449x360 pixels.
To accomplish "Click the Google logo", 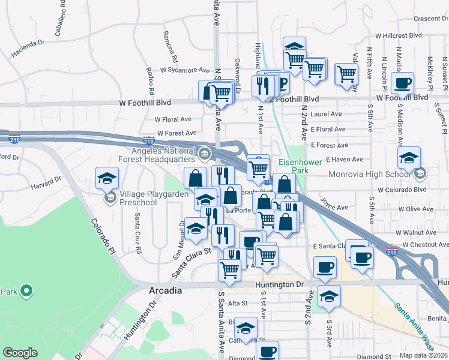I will (x=20, y=353).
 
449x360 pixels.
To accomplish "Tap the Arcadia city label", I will (x=165, y=290).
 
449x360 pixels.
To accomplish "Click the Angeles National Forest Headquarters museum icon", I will (x=205, y=155).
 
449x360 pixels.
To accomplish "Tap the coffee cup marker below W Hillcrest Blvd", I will (x=402, y=83).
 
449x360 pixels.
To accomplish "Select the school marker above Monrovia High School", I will (x=409, y=158).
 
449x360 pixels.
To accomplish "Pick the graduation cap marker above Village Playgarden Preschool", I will (x=107, y=178).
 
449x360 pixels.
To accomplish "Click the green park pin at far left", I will (x=26, y=292).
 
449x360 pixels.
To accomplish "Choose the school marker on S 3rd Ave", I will (x=329, y=296).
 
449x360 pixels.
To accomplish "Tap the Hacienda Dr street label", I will (x=28, y=47).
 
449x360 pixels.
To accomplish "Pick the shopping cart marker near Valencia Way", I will (x=346, y=74).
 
